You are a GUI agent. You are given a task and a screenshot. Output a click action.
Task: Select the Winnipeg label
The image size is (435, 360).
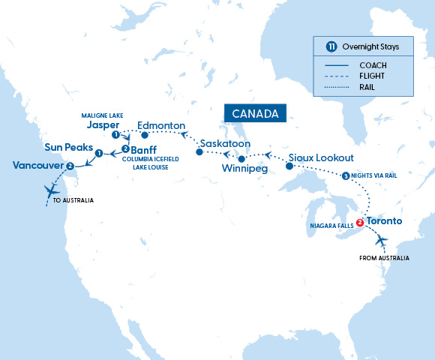tap(244, 170)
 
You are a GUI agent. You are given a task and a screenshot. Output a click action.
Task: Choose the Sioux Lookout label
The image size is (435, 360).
tap(320, 159)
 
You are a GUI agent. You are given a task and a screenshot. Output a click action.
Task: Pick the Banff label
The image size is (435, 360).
tap(145, 149)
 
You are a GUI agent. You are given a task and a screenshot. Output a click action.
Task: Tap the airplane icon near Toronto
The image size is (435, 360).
tap(382, 241)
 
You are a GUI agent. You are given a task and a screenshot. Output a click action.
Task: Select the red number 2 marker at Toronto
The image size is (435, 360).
tap(360, 223)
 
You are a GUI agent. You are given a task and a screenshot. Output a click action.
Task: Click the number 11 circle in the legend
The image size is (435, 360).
tap(331, 46)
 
